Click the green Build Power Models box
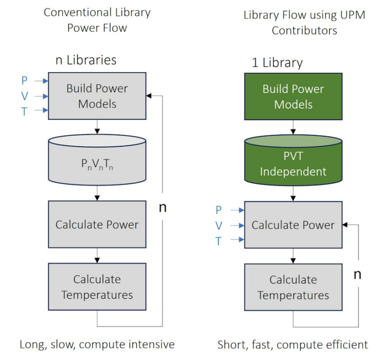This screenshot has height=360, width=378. coord(293,97)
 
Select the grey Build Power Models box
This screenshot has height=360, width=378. coord(97,96)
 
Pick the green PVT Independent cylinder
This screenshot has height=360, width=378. coord(293,165)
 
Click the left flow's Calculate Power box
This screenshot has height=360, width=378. coord(97,225)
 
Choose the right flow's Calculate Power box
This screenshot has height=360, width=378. coord(293,225)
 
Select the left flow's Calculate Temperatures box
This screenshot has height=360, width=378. coord(97,287)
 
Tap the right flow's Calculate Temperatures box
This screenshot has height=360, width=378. coord(293,287)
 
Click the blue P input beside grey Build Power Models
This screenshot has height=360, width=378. coord(25,80)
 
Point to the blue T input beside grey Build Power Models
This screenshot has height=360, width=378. coord(25,112)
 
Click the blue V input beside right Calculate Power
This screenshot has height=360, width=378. coord(219,226)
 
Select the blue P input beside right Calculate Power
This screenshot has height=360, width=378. coord(219,210)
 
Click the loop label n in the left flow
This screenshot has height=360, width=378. coord(162,207)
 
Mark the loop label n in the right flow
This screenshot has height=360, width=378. coord(358,274)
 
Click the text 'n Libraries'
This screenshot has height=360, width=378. coord(86,60)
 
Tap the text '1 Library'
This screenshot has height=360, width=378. coord(277,63)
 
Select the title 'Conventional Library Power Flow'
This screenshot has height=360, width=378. coord(97,20)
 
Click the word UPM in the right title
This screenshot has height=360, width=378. coord(352,15)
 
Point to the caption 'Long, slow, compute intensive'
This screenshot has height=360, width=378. coord(97,344)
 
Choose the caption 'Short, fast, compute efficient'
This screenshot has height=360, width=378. coord(293,344)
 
